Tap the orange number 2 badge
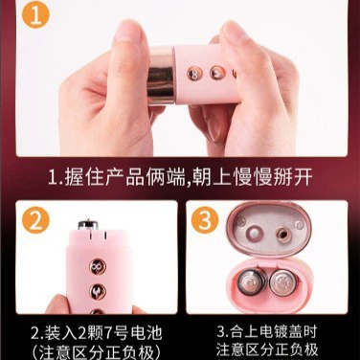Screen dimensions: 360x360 [35, 220]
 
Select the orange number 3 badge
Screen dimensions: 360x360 [205, 220]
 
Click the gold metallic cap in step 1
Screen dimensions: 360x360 [161, 76]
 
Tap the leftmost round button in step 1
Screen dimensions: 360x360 [194, 74]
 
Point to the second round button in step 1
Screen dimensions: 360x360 [217, 73]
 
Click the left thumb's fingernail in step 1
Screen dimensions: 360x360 [127, 31]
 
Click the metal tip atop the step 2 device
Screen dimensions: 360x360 [88, 224]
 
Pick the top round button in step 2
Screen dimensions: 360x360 [98, 266]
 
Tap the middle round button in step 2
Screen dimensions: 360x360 [98, 291]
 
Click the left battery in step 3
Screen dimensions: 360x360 [251, 282]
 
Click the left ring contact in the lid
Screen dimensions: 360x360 [255, 232]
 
